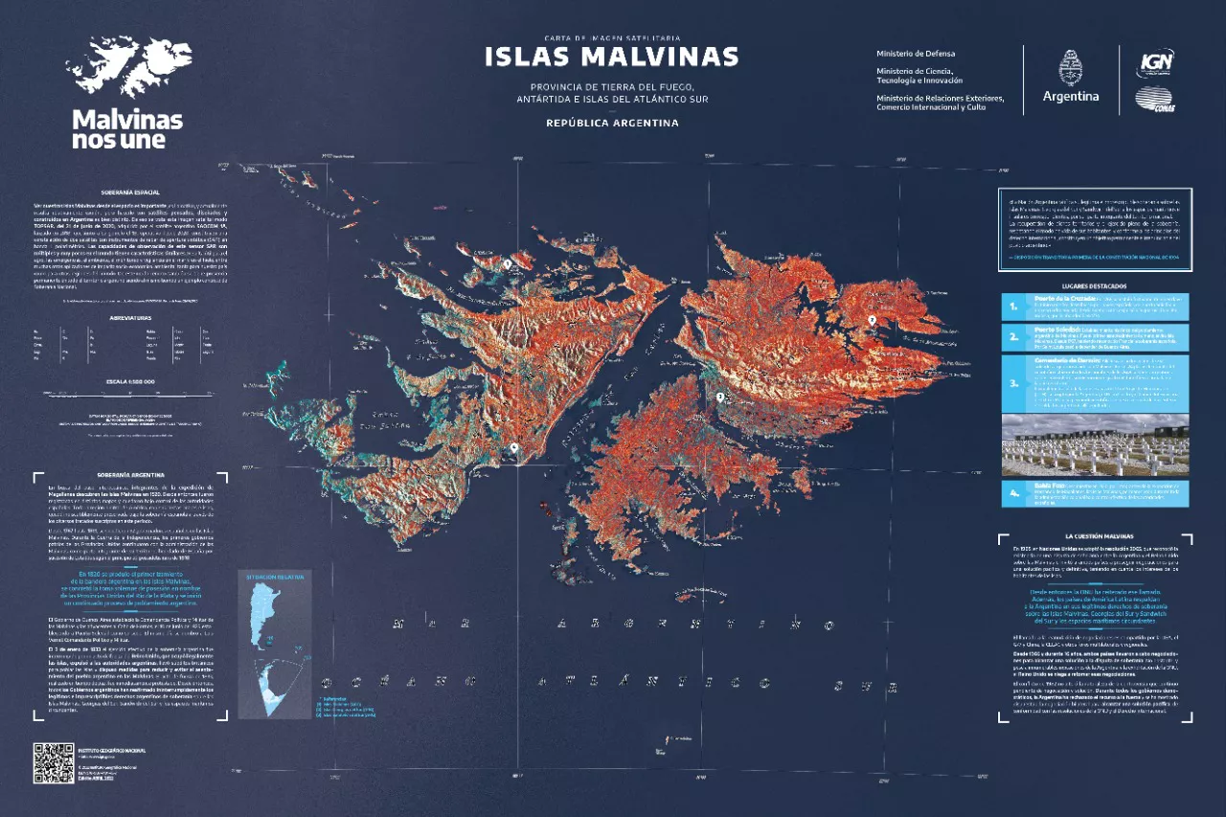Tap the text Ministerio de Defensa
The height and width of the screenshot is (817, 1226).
(915, 54)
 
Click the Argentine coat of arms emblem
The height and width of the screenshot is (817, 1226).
(1070, 70)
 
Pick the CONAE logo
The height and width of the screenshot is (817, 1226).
(1155, 100)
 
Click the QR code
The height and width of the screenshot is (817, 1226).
(54, 762)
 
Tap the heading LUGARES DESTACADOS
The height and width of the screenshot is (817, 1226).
(1093, 285)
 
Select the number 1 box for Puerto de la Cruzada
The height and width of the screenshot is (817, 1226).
(1013, 306)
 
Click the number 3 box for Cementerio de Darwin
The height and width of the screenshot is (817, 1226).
(1013, 383)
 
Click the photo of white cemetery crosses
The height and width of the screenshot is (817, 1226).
(1093, 445)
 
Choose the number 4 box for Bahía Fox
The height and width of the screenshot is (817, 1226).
(1013, 494)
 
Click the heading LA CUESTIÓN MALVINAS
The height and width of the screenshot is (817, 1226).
(1093, 536)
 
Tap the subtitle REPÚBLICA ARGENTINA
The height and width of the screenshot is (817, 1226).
(612, 123)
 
